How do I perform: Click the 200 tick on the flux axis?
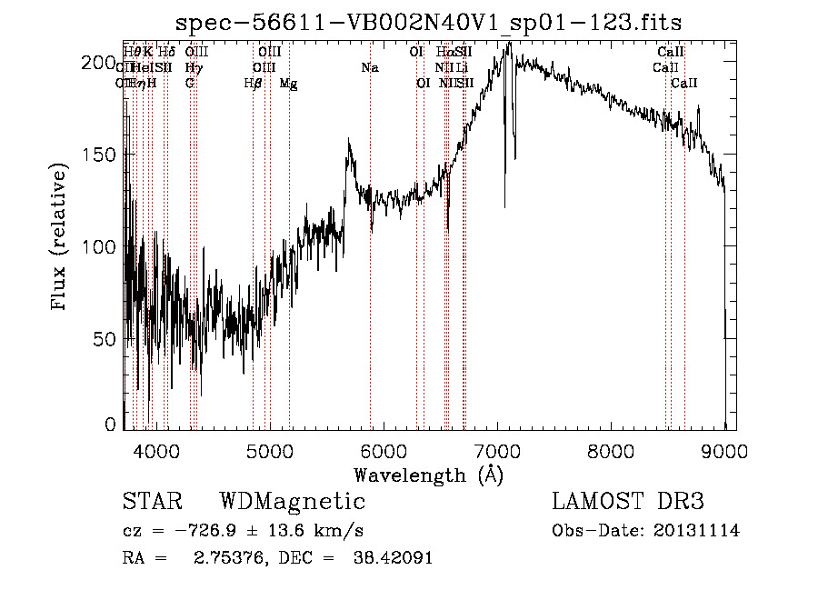click(x=103, y=63)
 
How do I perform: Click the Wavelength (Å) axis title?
click(x=428, y=475)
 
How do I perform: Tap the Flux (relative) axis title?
click(x=62, y=238)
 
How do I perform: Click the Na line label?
click(x=369, y=68)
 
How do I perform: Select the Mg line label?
click(x=288, y=84)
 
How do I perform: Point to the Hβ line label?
click(x=253, y=84)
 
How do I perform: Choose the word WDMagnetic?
click(x=292, y=502)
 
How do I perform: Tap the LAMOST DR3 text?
click(x=628, y=502)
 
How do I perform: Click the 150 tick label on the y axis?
click(x=103, y=155)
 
